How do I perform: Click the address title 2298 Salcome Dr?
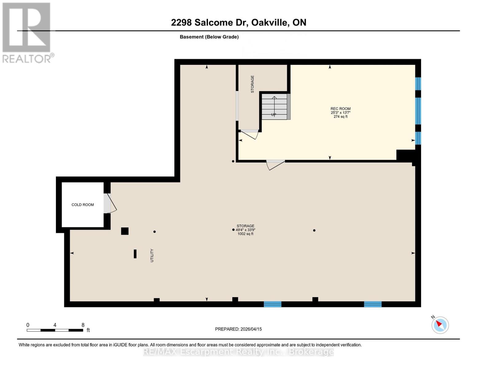238,22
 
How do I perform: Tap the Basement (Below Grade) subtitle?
209,37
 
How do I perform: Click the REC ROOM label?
340,109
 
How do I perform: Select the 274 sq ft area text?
340,117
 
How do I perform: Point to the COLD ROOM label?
83,205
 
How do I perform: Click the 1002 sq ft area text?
245,234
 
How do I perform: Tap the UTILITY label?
152,256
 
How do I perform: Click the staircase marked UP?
274,107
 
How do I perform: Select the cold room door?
109,203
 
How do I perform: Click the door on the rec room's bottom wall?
276,165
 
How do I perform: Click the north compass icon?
440,325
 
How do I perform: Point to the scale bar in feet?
55,330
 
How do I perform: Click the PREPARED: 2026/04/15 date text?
238,329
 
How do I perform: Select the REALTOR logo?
27,32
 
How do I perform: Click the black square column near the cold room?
125,231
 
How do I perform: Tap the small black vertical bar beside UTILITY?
135,254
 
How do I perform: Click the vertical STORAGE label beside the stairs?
252,84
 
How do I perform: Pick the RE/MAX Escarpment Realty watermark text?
238,352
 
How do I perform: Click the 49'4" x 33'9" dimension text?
245,230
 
